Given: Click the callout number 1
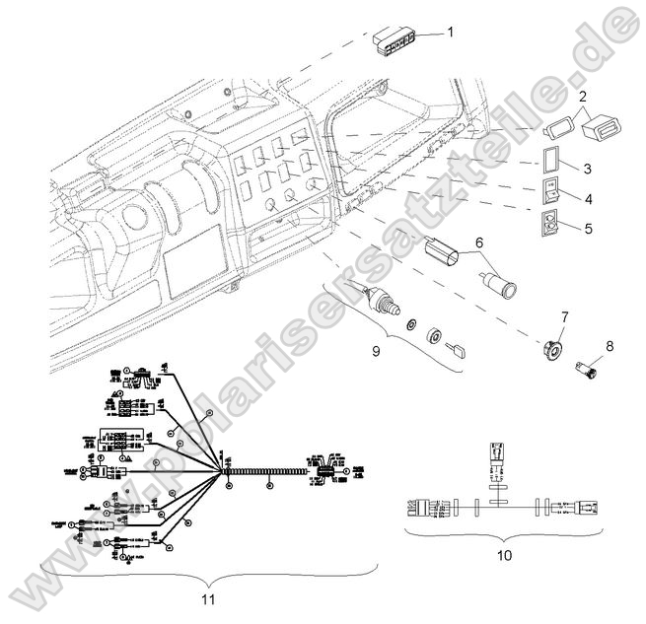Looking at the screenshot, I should pos(450,33).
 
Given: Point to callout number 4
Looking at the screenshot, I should pos(587,198).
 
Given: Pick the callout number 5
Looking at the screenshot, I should pos(587,229).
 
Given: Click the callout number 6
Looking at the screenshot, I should pos(479,242).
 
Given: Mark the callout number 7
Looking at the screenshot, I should pos(565,317).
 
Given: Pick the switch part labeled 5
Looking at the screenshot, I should pos(550,225).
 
